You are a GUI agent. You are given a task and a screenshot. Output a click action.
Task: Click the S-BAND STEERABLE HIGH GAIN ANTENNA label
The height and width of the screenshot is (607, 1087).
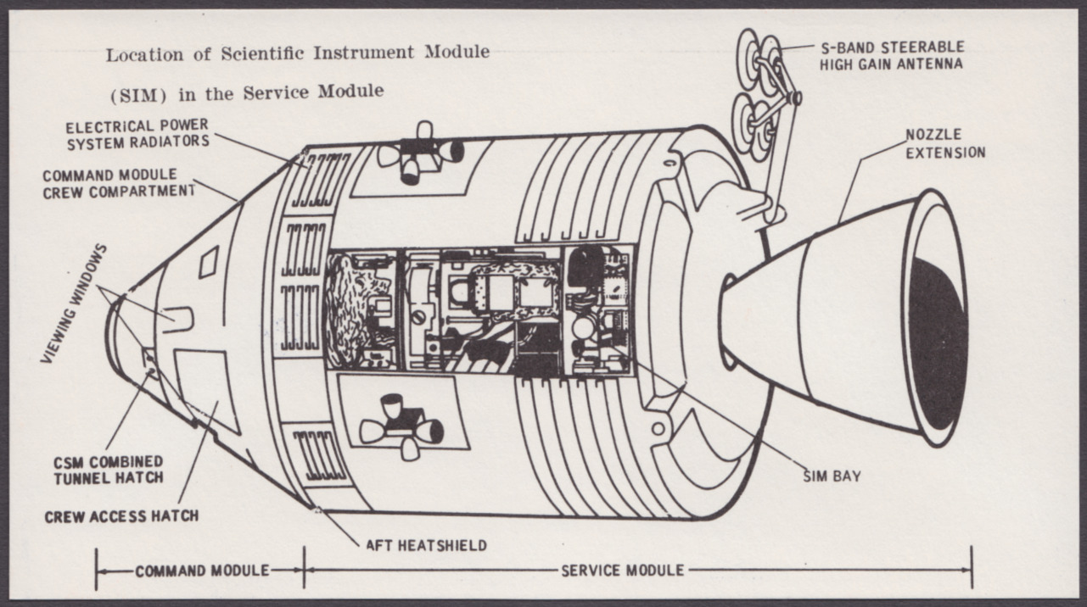892,56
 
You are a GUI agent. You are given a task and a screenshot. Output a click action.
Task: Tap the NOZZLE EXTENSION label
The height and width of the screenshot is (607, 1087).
946,144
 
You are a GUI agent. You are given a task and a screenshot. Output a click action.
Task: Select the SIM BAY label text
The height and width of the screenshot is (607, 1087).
832,476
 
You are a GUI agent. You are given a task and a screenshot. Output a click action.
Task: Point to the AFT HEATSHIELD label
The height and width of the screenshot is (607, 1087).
427,545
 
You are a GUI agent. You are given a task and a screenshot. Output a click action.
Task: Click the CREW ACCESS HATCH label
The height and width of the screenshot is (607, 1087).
122,517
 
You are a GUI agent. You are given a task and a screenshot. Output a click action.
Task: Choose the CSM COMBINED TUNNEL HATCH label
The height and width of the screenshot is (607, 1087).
109,471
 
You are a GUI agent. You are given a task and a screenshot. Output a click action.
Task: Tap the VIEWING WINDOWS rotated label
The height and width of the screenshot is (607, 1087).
74,304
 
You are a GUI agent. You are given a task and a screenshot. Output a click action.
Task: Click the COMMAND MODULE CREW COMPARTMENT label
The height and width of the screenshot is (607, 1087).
119,184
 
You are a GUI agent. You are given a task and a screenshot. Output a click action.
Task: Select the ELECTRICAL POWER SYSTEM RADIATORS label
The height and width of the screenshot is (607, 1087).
137,134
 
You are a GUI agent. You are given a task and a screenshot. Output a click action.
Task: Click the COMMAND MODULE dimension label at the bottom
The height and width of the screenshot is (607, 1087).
202,571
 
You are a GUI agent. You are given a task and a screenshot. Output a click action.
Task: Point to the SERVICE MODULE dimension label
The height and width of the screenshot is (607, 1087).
623,571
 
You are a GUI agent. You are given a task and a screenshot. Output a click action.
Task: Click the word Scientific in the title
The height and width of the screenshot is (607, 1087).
262,53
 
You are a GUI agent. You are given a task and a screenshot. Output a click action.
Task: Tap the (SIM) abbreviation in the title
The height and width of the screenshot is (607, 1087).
138,95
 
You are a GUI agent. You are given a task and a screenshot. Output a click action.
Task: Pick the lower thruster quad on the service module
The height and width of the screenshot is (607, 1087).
402,426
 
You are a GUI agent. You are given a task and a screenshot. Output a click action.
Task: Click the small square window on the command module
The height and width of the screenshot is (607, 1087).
209,261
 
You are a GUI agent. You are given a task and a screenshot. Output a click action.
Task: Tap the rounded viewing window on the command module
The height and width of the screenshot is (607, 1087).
178,320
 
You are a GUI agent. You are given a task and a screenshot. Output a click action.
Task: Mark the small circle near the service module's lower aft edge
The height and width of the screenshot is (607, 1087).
658,429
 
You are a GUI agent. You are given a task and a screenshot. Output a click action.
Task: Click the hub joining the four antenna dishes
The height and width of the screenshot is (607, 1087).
795,97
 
